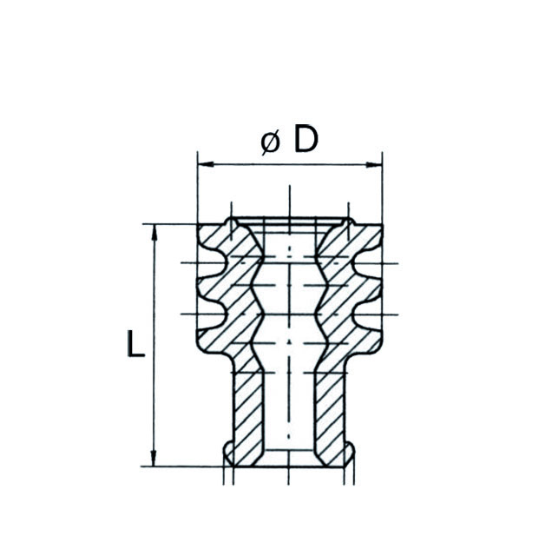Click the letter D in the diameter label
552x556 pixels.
pyautogui.click(x=306, y=139)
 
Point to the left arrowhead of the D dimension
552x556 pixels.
pyautogui.click(x=203, y=162)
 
